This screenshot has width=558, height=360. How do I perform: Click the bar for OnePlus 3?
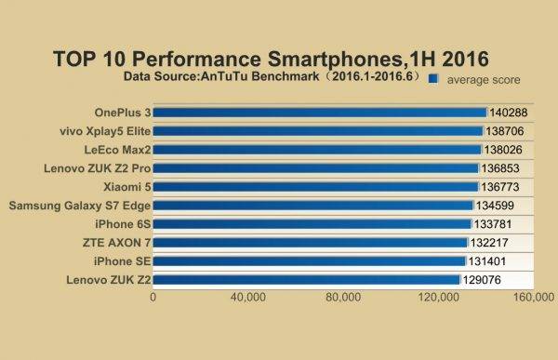[x=319, y=113]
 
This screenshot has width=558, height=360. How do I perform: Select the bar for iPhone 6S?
[x=312, y=224]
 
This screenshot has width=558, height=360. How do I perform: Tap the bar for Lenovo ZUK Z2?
[x=306, y=279]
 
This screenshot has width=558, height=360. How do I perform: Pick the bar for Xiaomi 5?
[x=315, y=187]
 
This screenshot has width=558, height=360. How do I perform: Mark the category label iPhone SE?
[x=123, y=261]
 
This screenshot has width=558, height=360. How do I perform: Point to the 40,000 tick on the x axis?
[x=248, y=298]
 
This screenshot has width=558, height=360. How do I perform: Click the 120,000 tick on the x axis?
[x=439, y=298]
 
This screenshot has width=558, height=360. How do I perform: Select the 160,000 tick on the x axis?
[x=535, y=298]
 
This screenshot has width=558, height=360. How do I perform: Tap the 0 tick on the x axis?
[x=153, y=298]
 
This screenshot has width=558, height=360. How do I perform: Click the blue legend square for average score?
[x=432, y=80]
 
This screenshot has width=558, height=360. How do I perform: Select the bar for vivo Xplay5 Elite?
[x=317, y=131]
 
